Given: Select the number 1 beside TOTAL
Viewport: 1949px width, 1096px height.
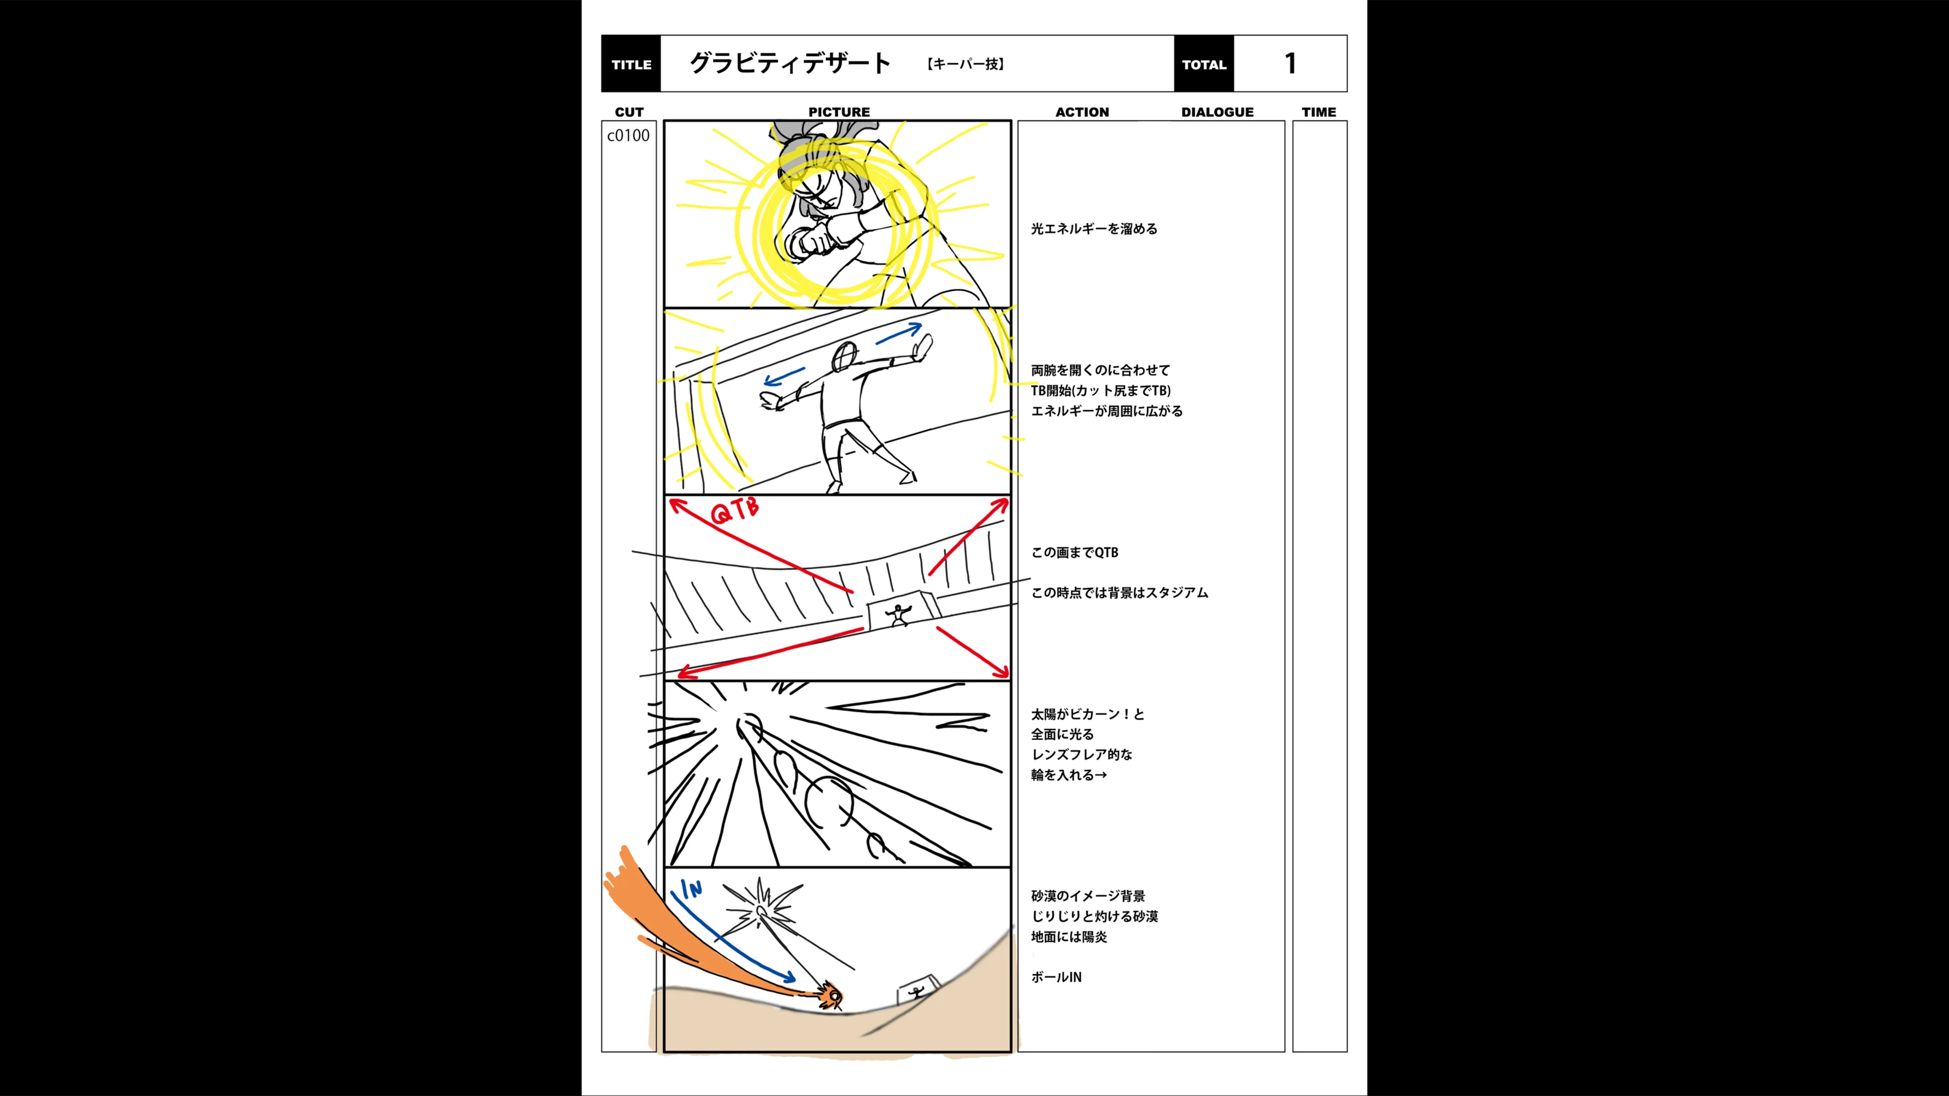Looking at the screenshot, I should click(1291, 63).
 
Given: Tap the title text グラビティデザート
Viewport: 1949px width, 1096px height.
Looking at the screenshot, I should click(790, 63).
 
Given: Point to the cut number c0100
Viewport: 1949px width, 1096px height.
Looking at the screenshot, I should click(628, 135).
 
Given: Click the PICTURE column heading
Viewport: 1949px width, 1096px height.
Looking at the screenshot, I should click(839, 112).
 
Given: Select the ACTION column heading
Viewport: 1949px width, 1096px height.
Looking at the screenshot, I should click(1082, 112).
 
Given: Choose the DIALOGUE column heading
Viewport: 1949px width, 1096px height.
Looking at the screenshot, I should click(1217, 112).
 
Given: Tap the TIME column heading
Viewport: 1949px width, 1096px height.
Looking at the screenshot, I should click(1319, 112).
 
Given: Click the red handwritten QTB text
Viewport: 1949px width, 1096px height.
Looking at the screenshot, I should click(734, 510).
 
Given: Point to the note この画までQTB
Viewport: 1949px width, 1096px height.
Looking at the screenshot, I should click(1074, 552).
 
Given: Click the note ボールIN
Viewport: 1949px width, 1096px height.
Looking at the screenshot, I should click(1056, 976).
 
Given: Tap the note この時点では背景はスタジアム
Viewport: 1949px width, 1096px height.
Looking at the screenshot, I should click(1119, 592).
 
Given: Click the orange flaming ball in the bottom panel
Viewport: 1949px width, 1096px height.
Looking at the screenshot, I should click(831, 996).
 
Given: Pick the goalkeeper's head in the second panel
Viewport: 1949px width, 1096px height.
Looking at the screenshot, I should click(845, 356).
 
